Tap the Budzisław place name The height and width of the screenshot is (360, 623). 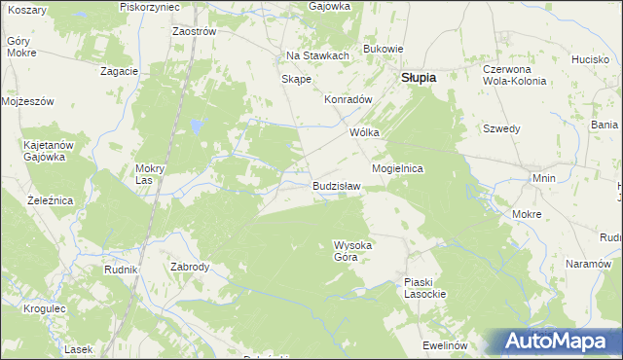pos(337,185)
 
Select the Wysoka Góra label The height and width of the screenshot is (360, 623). pos(352,251)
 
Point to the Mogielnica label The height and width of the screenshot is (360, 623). pos(397,168)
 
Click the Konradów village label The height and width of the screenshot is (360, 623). pos(348,99)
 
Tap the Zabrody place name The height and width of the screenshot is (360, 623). pos(190,266)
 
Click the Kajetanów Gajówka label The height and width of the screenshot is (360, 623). pos(44,151)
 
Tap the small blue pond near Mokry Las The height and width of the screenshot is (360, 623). pos(197,126)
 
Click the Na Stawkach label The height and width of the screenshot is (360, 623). pos(317,55)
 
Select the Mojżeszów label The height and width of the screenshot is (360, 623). pos(27,101)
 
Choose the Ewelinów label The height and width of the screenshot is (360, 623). pos(446,345)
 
